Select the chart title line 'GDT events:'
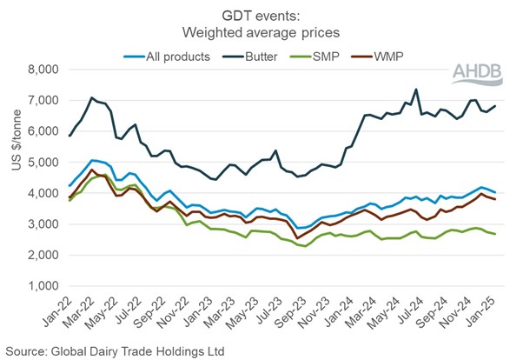261,12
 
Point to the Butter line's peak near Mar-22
91,98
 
